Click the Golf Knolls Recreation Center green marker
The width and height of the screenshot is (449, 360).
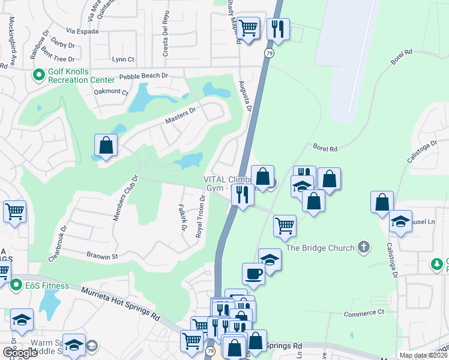coord(40,76)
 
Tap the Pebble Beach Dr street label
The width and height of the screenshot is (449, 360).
coord(143,76)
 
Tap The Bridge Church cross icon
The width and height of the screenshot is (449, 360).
coord(363,247)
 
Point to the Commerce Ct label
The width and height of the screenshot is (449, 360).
coord(364,313)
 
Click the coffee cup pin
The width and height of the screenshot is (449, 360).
coord(254,274)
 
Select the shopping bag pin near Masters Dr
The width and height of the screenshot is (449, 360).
coord(106,145)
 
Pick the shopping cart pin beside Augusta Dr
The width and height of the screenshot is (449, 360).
coord(248,28)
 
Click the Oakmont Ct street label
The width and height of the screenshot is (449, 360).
coord(112,92)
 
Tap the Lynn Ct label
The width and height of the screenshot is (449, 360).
coord(123,59)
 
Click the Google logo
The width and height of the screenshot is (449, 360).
coord(20,353)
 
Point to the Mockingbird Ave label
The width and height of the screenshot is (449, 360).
coord(11,40)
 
